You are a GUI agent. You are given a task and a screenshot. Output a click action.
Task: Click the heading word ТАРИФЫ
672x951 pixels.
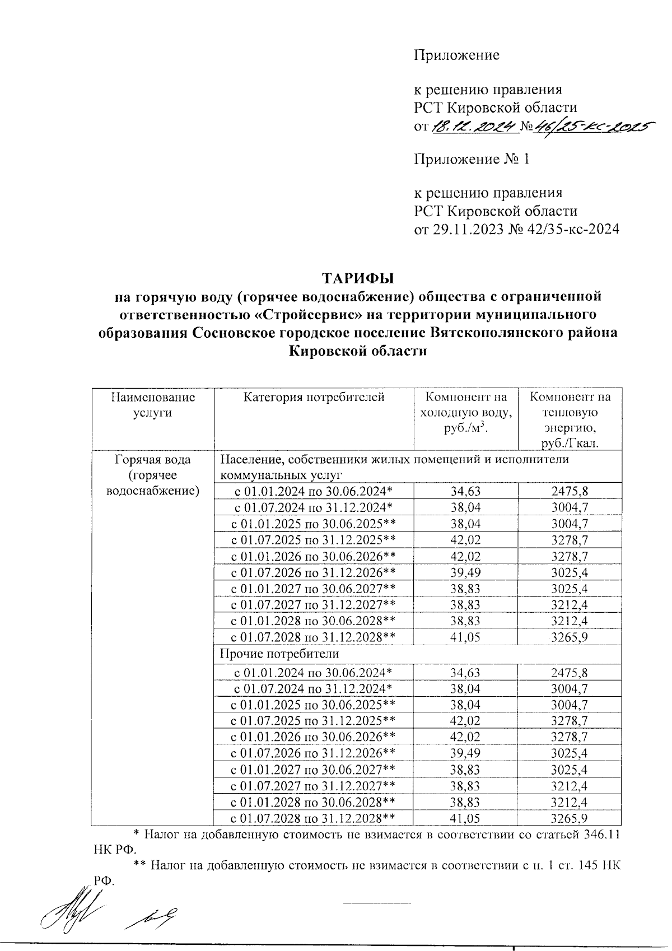tap(358, 278)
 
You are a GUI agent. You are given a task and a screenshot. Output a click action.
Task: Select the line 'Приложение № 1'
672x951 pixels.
tap(472, 160)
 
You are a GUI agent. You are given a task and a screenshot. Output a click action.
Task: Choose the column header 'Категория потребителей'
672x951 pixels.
tap(314, 398)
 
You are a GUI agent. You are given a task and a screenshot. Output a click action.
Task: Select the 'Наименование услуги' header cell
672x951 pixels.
tap(153, 405)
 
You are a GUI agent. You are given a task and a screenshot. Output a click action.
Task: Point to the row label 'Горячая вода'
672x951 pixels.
tap(153, 460)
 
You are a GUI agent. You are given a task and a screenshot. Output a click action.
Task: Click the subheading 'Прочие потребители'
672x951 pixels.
tap(279, 654)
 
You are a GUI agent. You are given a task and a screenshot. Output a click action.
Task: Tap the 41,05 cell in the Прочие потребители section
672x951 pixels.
tap(466, 818)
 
